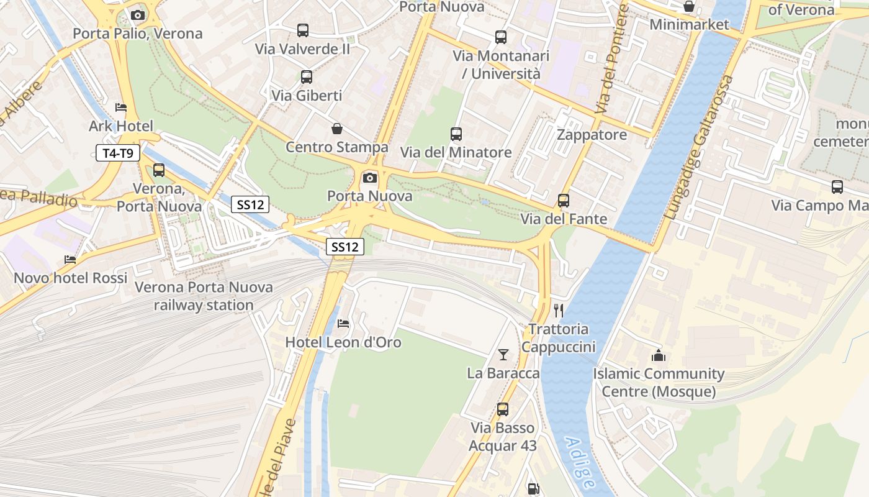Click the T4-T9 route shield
point(118,153)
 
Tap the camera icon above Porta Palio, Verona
point(138,15)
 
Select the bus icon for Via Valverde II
point(303,30)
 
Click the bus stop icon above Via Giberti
point(307,77)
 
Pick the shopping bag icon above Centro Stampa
point(336,129)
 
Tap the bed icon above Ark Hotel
point(121,107)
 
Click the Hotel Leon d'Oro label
point(343,342)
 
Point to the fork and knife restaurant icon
point(559,309)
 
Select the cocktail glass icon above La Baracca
point(503,355)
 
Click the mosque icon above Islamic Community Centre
point(658,355)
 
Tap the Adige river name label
point(580,462)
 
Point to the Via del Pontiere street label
point(612,59)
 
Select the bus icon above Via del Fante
point(564,200)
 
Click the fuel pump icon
point(533,489)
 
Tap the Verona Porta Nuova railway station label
point(204,296)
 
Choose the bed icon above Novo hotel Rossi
point(70,259)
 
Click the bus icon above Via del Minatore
point(456,134)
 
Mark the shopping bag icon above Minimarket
point(688,6)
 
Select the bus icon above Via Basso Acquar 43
point(503,409)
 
